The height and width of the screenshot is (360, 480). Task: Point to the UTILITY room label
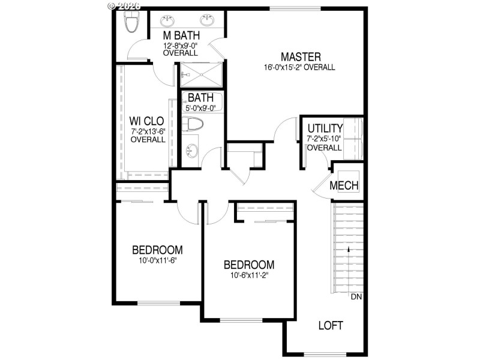click(325, 128)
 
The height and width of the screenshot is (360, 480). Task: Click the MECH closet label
click(344, 185)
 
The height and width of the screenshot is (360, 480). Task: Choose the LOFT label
click(330, 326)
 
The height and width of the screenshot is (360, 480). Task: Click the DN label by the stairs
click(356, 296)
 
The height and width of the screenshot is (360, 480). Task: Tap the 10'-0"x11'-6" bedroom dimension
click(157, 260)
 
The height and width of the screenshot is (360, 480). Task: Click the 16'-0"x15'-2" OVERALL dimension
click(299, 67)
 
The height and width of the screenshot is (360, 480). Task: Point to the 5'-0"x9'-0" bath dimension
click(202, 109)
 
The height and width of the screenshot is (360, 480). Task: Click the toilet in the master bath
click(130, 22)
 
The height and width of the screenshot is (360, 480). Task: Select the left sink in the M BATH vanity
click(166, 20)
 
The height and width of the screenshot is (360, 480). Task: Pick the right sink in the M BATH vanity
click(208, 20)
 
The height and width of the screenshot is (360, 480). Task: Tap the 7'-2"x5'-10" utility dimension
click(324, 139)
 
